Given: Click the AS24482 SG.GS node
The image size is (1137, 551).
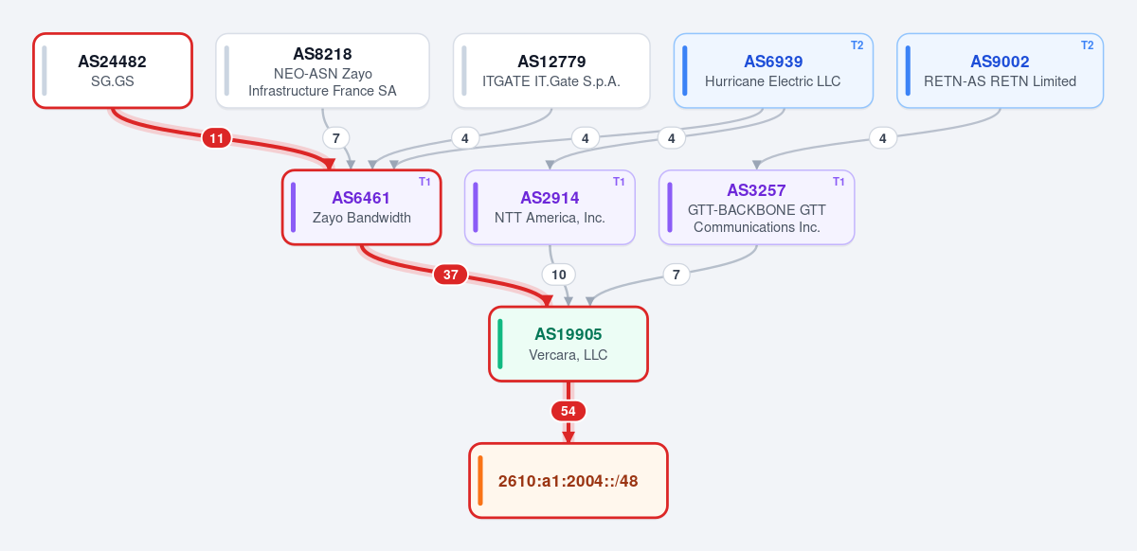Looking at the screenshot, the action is (113, 70).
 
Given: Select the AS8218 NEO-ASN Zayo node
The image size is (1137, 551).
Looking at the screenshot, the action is (322, 70).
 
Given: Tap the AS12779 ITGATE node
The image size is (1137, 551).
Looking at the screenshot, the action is (551, 70).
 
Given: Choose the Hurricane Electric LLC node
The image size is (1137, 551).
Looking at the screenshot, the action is (773, 70).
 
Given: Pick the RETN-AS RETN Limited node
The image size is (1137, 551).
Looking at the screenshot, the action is (1000, 70).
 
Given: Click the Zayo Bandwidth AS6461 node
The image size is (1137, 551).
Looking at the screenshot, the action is (361, 207).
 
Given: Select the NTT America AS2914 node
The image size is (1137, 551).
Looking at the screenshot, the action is (550, 207).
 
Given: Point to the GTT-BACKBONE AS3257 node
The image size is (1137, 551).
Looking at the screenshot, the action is (756, 207).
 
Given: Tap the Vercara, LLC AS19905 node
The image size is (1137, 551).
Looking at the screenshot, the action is (568, 344).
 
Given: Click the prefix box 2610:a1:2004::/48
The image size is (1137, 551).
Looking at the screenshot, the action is (568, 481).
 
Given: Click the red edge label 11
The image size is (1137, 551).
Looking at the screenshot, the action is (217, 138).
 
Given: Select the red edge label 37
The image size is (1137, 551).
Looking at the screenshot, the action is (450, 275).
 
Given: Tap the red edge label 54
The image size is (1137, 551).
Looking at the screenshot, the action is (568, 411).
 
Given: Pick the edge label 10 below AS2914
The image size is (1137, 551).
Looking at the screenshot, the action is (558, 275).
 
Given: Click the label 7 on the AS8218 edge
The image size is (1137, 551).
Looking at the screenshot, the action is (335, 138).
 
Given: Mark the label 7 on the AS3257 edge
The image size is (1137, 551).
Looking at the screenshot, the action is (677, 275).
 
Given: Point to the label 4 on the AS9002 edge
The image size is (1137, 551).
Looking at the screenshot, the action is (883, 138).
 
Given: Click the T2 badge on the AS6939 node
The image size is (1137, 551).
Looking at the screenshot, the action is (857, 45).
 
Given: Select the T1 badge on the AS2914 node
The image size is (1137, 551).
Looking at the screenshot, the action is (619, 182).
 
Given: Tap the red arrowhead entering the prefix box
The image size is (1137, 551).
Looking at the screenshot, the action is (568, 436).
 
